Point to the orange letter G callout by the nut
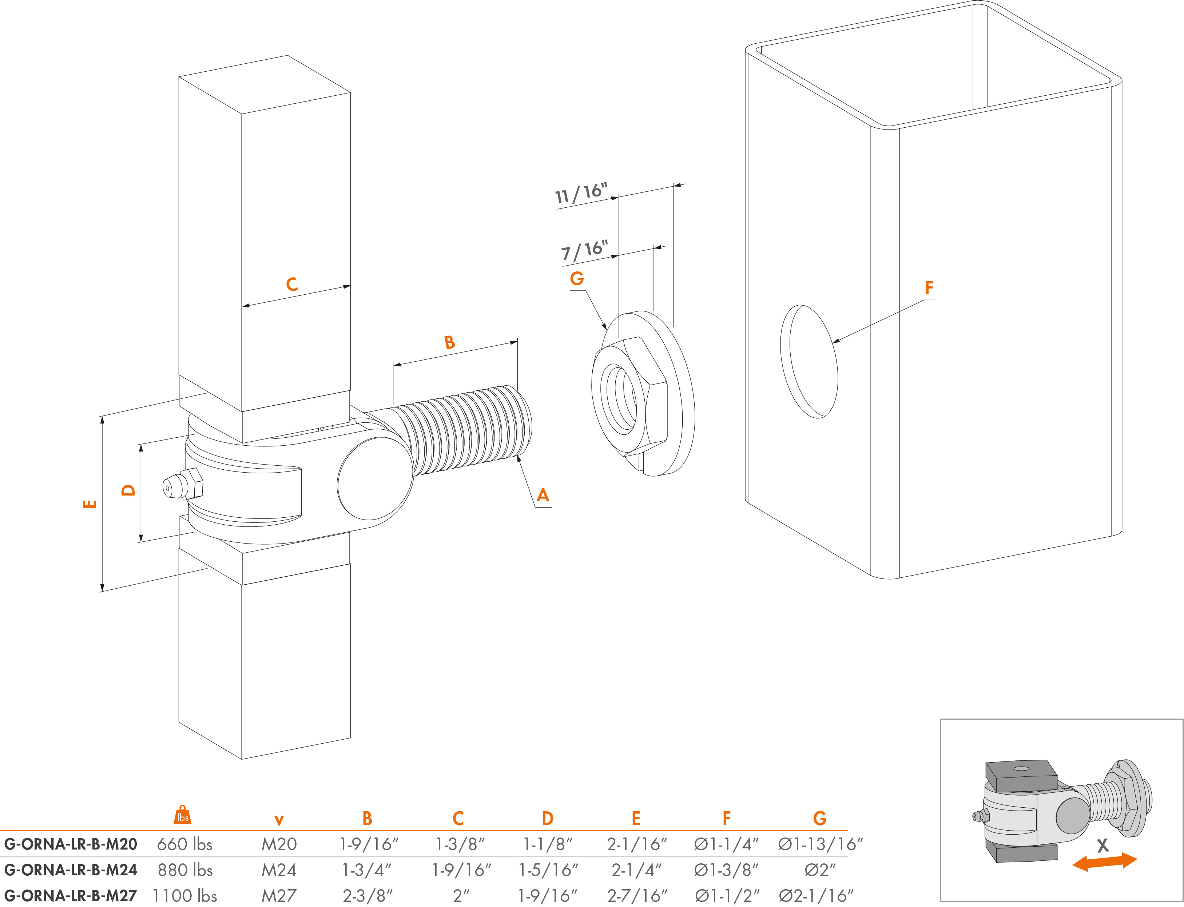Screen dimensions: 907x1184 577,279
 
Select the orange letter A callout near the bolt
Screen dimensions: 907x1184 543,496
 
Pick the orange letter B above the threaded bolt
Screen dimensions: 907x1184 449,342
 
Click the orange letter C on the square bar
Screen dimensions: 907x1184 291,285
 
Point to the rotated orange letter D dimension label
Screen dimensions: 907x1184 128,490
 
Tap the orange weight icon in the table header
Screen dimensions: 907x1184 183,815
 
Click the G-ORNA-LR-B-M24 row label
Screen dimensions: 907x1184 71,870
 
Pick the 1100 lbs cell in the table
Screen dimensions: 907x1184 184,896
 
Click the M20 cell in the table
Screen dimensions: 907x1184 279,844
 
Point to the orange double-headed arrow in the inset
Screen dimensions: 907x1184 1104,861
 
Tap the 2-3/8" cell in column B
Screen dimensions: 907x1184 367,896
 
